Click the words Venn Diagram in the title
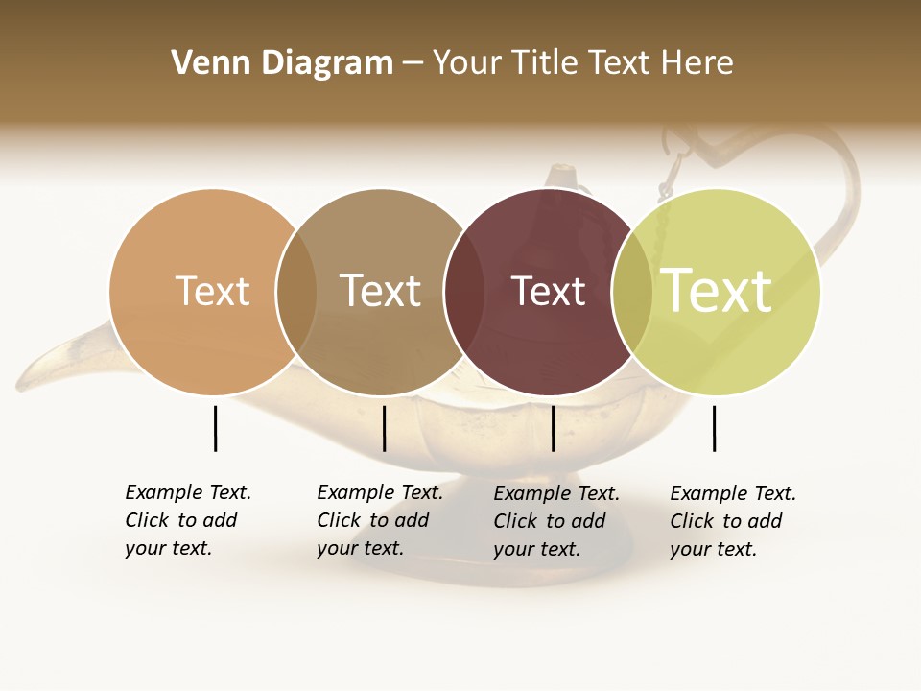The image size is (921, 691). (x=282, y=63)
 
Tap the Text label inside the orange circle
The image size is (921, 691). (x=212, y=291)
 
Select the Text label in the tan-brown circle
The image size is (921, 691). (x=381, y=291)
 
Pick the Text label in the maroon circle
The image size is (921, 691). (x=548, y=291)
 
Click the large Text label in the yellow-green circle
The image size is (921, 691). (x=717, y=291)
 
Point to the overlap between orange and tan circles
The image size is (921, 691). (x=296, y=292)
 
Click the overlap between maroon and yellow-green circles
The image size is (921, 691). (x=632, y=292)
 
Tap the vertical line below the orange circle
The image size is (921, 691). (x=215, y=428)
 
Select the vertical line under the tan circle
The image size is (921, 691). (x=384, y=428)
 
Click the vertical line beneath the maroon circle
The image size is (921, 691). (x=553, y=428)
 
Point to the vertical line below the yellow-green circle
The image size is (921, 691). (x=714, y=428)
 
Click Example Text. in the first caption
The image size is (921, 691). (x=188, y=492)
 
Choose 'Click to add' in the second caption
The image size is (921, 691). (x=372, y=520)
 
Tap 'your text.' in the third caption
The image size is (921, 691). (x=536, y=549)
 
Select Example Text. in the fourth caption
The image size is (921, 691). (x=733, y=493)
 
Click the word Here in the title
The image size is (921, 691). (x=697, y=63)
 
